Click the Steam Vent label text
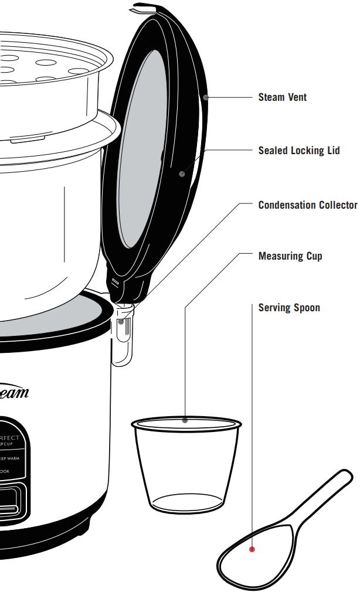[282, 97]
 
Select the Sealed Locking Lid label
[299, 151]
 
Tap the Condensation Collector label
[307, 205]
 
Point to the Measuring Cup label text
[290, 256]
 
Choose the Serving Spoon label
[289, 308]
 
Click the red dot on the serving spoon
[252, 549]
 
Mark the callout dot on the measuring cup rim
[185, 420]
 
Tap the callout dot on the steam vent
[206, 97]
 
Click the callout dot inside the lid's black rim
[182, 173]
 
